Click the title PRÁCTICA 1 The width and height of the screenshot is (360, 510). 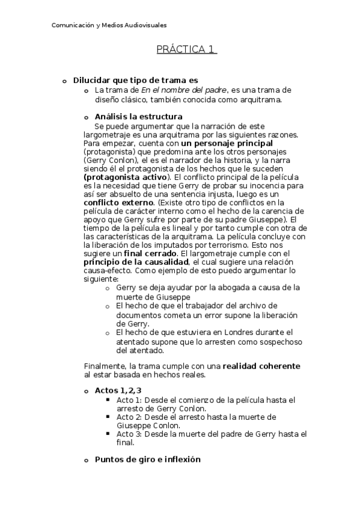tap(186, 50)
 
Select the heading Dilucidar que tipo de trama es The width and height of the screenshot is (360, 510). tap(135, 80)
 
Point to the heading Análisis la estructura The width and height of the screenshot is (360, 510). tap(139, 116)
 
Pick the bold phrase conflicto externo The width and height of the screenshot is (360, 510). tap(119, 203)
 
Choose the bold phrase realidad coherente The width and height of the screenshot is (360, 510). tap(261, 366)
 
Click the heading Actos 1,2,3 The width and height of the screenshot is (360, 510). tap(118, 390)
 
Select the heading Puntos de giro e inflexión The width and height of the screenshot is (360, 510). tap(147, 459)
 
